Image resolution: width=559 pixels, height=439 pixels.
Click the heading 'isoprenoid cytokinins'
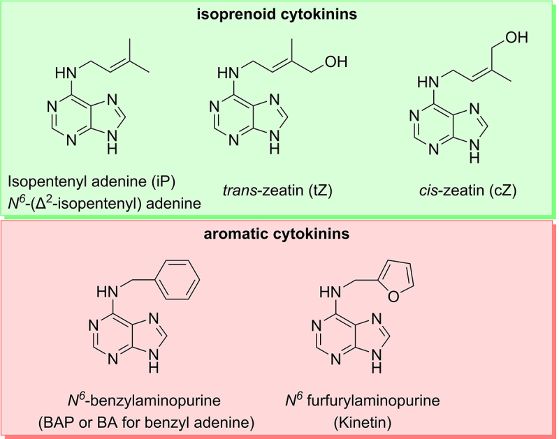pyautogui.click(x=277, y=15)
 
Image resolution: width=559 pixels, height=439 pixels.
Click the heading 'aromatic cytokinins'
pyautogui.click(x=277, y=234)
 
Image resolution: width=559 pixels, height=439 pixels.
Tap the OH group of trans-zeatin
pyautogui.click(x=336, y=61)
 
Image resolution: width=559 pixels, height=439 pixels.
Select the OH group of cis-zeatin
pyautogui.click(x=516, y=37)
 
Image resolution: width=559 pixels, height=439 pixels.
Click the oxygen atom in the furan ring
pyautogui.click(x=393, y=297)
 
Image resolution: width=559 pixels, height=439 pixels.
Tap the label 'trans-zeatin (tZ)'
pyautogui.click(x=277, y=191)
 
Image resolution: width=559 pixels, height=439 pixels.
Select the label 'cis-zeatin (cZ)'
pyautogui.click(x=467, y=191)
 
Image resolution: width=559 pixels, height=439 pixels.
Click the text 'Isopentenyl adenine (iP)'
pyautogui.click(x=92, y=181)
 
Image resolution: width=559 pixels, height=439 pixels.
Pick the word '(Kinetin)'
pyautogui.click(x=363, y=423)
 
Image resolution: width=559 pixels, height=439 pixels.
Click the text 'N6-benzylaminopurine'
pyautogui.click(x=144, y=400)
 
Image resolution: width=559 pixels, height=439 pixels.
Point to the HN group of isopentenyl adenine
pyautogui.click(x=66, y=73)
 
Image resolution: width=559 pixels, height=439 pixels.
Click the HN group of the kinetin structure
pyautogui.click(x=330, y=292)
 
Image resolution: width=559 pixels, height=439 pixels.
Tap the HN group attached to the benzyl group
pyautogui.click(x=108, y=292)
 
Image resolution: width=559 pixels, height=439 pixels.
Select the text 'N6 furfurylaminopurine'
pyautogui.click(x=363, y=400)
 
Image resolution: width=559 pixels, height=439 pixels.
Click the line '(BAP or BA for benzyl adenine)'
pyautogui.click(x=146, y=423)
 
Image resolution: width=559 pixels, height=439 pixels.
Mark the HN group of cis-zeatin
pyautogui.click(x=428, y=82)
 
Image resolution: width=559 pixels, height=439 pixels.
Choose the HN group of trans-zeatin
pyautogui.click(x=228, y=73)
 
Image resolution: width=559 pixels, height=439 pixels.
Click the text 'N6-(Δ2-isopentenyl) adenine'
pyautogui.click(x=104, y=203)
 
